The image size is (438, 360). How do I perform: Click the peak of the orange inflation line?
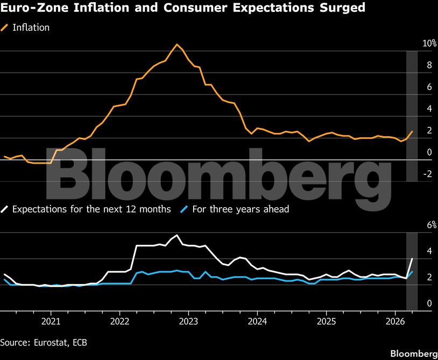point(177,44)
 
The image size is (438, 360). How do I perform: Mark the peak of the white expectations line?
point(177,235)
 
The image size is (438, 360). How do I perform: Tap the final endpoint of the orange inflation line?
point(412,131)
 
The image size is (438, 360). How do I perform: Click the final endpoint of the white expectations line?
point(412,259)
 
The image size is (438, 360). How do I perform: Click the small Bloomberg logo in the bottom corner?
point(413,354)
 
